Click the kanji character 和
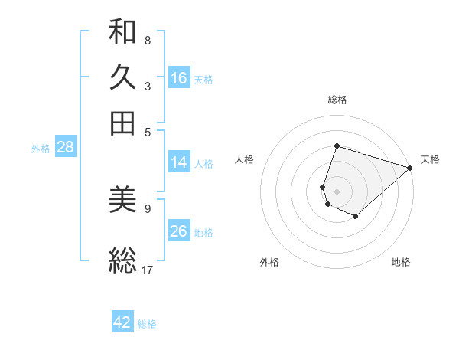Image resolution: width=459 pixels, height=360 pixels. pos(122,33)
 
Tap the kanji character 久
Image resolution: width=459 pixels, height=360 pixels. pos(122,77)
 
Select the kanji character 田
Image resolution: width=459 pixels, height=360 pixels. pos(122,123)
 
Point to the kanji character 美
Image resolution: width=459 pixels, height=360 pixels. pos(122,201)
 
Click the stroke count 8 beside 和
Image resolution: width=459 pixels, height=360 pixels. pos(147,40)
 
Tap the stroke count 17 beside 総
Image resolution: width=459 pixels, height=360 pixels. pos(148,269)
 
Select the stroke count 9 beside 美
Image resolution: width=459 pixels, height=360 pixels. pos(147,208)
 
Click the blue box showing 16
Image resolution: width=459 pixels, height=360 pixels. pos(179,78)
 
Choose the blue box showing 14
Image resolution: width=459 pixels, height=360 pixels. pos(179,162)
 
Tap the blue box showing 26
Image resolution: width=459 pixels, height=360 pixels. pos(179,231)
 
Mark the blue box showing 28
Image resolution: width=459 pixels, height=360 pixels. pos(65,148)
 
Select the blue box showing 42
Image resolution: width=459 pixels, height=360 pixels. pos(122,322)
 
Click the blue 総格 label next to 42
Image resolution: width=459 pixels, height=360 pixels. pos(147,324)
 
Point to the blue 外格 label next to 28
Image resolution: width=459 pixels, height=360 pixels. pos(40,149)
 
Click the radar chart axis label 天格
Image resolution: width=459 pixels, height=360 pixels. pos(430,159)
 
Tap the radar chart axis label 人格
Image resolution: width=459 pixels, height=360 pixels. pos(245,159)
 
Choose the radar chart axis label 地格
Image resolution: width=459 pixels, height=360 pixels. pos(401,262)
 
